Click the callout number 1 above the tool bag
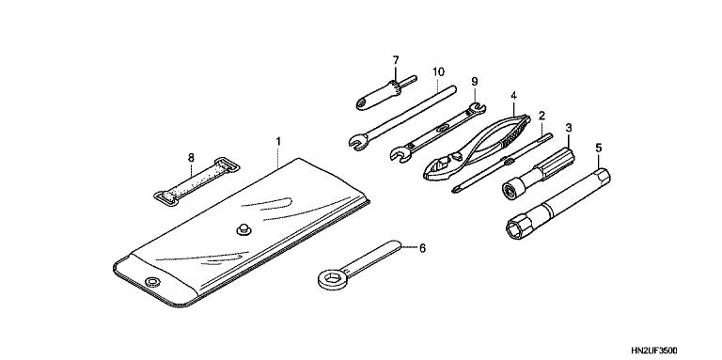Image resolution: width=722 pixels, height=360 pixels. click(x=278, y=142)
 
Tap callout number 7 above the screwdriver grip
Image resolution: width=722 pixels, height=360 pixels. click(x=396, y=60)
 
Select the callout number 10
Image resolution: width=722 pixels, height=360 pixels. click(x=438, y=71)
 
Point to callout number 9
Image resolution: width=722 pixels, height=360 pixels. click(x=474, y=82)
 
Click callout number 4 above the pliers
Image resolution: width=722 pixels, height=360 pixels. click(x=513, y=96)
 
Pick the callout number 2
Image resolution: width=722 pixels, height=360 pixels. click(x=541, y=115)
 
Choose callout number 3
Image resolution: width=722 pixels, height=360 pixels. click(x=569, y=127)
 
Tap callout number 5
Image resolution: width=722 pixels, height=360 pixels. click(x=598, y=148)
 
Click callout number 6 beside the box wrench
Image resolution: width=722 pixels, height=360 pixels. click(x=422, y=248)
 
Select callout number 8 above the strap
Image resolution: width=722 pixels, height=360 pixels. click(x=191, y=158)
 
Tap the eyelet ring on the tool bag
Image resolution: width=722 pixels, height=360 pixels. click(x=151, y=281)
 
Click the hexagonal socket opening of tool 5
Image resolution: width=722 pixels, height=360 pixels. click(x=516, y=227)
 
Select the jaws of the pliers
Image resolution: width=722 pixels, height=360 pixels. click(x=441, y=169)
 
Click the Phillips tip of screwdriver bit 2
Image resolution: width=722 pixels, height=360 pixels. click(x=456, y=188)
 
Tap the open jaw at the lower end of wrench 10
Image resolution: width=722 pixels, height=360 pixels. click(x=356, y=140)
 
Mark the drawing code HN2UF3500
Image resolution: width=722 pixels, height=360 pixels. click(x=654, y=351)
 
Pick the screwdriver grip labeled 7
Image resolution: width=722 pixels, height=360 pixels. click(x=379, y=95)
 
